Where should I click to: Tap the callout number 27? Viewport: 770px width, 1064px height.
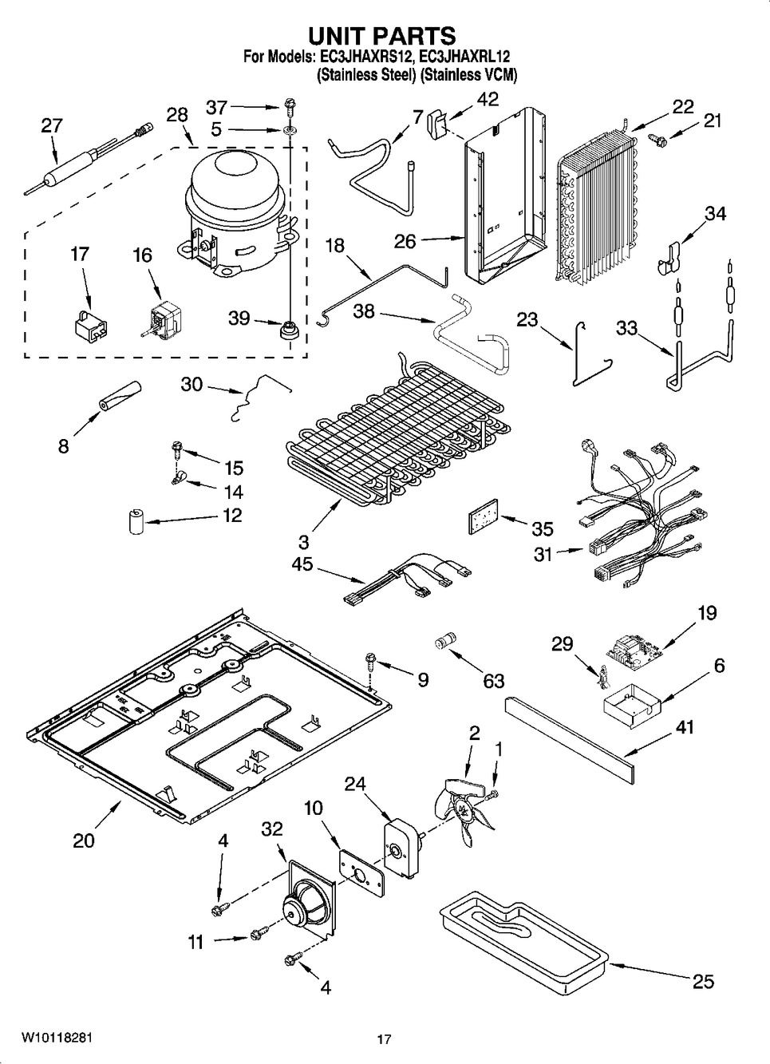51,125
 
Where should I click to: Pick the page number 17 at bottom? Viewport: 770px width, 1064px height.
384,1039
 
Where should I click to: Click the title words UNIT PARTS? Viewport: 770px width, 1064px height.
382,36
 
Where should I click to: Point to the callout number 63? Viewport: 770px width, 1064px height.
493,680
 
